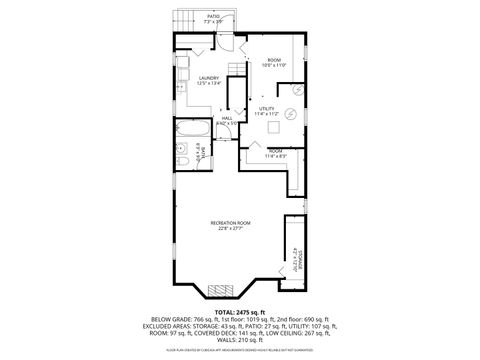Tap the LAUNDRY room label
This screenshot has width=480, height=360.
pos(209,81)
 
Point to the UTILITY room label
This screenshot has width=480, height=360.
pos(267,111)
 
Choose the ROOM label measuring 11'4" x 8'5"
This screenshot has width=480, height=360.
pos(274,153)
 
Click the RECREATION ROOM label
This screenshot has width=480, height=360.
pos(230,224)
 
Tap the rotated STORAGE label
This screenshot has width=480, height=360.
pos(297,261)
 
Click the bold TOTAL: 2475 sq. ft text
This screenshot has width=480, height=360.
pos(240,310)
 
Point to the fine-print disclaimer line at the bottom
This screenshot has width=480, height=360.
pos(240,352)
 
